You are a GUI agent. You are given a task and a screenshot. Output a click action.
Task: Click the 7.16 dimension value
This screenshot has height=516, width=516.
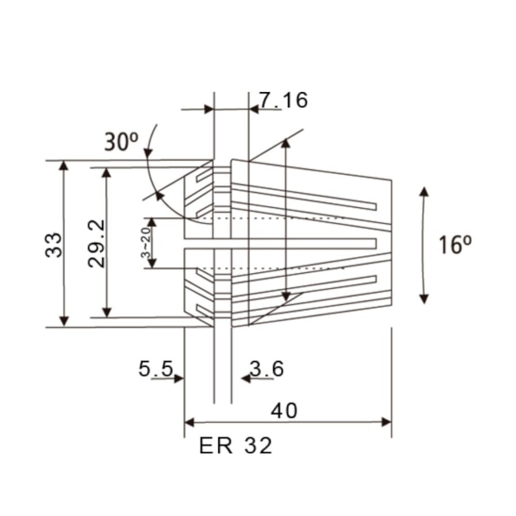click(x=283, y=100)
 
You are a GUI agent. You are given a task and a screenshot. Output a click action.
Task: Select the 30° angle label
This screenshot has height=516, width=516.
click(x=121, y=142)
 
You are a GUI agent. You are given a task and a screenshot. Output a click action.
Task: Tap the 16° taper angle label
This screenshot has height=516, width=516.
click(x=455, y=245)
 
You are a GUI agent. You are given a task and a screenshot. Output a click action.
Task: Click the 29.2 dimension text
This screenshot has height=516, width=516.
click(x=96, y=244)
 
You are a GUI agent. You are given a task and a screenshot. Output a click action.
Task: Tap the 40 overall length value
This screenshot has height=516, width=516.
click(x=286, y=410)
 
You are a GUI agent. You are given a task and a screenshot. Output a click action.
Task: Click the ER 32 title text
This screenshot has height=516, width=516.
click(x=236, y=445)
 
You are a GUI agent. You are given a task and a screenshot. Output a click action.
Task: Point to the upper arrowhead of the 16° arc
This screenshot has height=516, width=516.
click(x=425, y=193)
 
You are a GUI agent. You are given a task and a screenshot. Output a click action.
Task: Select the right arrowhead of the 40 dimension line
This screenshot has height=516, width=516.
click(x=386, y=422)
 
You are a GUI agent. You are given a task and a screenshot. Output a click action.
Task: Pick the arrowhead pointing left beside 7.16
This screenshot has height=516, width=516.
click(x=254, y=110)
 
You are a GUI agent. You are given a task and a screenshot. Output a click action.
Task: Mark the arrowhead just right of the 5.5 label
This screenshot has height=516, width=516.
click(x=179, y=379)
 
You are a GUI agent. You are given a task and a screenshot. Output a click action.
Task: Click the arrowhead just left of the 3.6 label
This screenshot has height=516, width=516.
click(x=245, y=379)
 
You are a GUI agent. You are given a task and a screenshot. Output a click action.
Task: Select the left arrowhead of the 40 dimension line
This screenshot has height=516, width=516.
click(x=190, y=422)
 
